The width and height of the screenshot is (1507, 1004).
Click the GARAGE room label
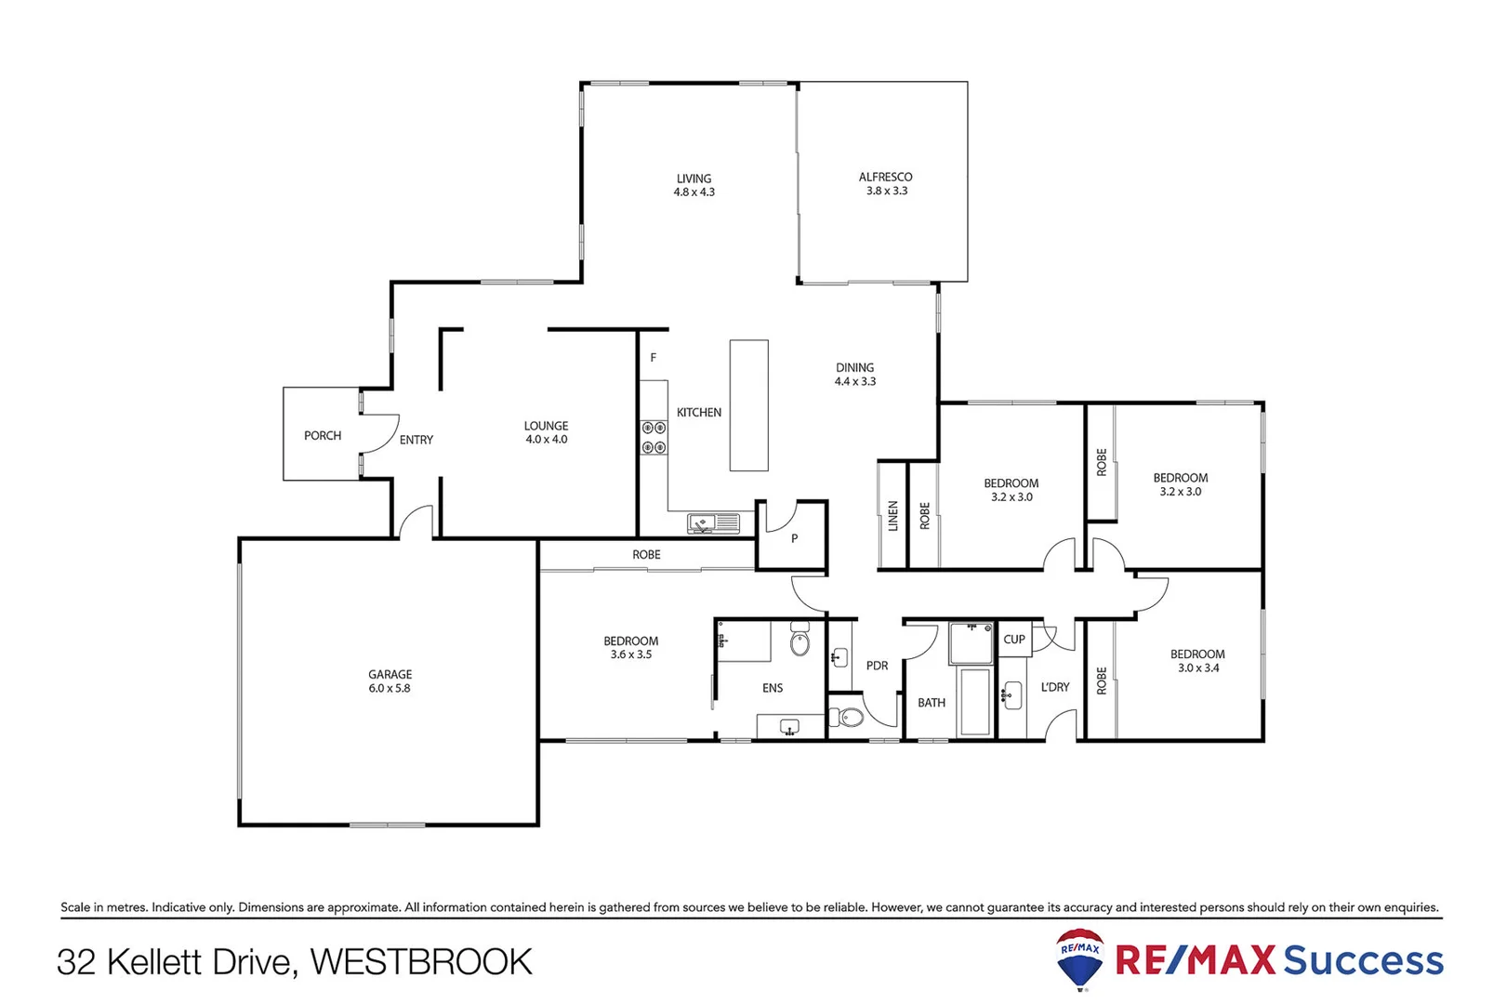click(390, 675)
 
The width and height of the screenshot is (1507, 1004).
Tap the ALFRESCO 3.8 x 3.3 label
click(886, 184)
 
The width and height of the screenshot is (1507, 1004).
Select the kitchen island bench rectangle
click(748, 405)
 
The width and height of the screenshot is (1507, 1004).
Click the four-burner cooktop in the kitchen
click(654, 438)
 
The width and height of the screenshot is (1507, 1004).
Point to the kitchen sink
click(712, 524)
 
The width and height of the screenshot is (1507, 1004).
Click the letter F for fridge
click(654, 358)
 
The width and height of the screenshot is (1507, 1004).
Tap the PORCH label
click(323, 436)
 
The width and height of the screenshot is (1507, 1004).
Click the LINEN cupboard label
click(893, 516)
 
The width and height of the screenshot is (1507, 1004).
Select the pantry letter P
click(794, 538)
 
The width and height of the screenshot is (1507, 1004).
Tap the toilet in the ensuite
click(800, 642)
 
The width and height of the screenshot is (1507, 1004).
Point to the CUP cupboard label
click(1014, 640)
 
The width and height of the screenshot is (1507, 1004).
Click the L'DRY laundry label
click(1055, 687)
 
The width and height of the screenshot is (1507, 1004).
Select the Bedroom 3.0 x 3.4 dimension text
click(1197, 668)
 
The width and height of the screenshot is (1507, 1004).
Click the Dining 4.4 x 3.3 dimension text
click(854, 382)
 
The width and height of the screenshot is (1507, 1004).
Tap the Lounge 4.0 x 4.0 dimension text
click(546, 440)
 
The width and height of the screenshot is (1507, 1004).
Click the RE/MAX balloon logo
click(1080, 958)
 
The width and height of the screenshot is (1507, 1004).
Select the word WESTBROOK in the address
click(421, 962)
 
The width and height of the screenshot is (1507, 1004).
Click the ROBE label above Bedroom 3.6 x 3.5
click(646, 555)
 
